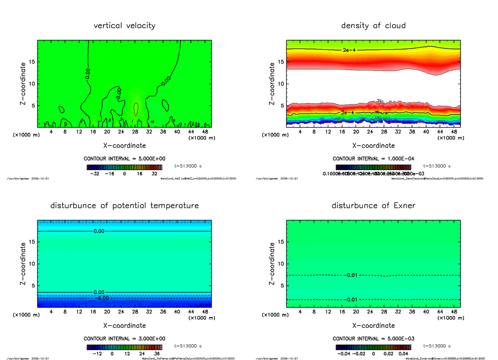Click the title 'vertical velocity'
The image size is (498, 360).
click(x=124, y=26)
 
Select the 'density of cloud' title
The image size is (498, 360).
click(x=373, y=26)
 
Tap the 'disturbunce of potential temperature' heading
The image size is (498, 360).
click(x=124, y=206)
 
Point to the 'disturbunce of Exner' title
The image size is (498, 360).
click(x=373, y=206)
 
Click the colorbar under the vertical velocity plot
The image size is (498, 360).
click(x=124, y=167)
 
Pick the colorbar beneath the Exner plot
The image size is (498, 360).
click(x=373, y=347)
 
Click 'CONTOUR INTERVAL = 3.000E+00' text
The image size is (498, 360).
click(x=124, y=339)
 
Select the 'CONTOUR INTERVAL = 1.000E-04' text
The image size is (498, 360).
click(x=373, y=159)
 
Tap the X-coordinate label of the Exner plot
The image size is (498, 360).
click(x=373, y=326)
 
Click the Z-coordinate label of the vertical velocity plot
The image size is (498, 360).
click(x=24, y=83)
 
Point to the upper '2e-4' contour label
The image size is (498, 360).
click(x=349, y=50)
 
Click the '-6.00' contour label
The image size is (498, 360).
click(x=101, y=298)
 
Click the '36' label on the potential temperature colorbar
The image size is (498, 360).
click(x=157, y=354)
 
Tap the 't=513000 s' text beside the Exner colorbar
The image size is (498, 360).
click(x=437, y=346)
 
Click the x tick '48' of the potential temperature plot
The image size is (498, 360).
click(x=205, y=312)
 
